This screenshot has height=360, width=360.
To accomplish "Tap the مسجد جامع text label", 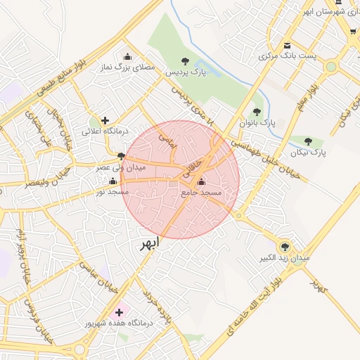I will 201,192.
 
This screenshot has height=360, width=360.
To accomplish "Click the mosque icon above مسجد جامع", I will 202,182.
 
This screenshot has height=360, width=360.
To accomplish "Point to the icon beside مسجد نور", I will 112,181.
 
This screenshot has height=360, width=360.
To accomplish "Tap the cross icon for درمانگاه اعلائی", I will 105,120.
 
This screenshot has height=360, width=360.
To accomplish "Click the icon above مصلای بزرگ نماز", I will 127,57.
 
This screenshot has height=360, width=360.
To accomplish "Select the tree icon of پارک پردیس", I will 185,61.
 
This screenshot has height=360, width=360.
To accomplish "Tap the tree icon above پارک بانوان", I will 257,112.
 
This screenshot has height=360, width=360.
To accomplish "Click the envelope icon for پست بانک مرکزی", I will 286,46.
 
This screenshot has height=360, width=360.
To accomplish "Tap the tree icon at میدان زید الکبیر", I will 285,247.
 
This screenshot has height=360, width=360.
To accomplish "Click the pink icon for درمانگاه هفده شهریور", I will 118,312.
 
